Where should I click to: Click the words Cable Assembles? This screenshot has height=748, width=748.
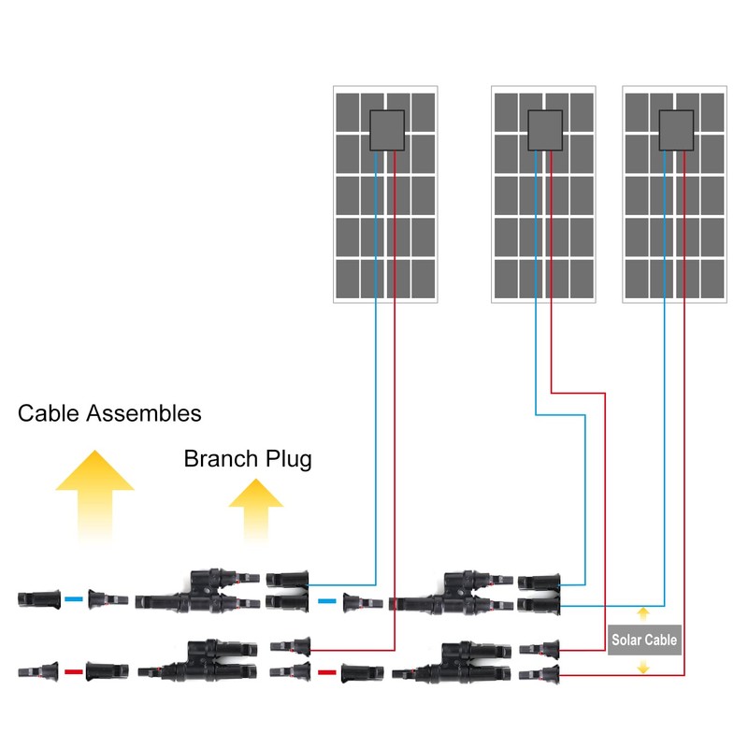click(109, 412)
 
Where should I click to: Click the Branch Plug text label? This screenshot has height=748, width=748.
click(248, 459)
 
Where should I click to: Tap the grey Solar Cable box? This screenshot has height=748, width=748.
click(643, 640)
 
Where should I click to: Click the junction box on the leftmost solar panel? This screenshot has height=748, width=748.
click(386, 131)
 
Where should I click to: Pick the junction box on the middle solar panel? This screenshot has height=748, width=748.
click(543, 131)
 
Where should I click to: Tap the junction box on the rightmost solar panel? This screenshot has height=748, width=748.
click(675, 131)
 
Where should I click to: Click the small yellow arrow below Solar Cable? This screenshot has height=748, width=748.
click(643, 667)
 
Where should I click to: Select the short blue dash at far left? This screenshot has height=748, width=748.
click(74, 598)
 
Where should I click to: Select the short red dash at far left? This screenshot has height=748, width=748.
click(74, 670)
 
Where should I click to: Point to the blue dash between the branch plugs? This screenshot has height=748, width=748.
click(326, 601)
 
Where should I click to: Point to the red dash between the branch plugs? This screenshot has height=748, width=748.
click(326, 670)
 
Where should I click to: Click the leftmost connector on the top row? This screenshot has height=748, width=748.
click(39, 598)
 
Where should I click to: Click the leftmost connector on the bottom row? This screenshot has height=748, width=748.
click(39, 670)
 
